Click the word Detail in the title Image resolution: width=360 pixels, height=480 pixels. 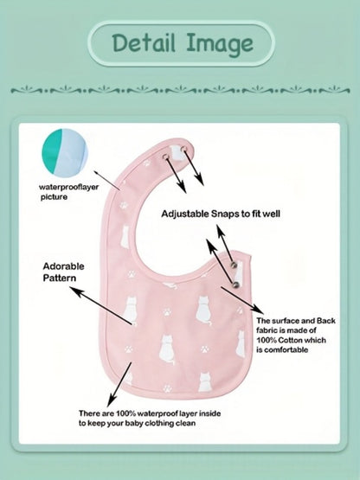tap(144, 42)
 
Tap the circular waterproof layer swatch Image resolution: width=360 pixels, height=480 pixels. tap(65, 152)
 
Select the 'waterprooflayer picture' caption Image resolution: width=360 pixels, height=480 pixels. tap(68, 192)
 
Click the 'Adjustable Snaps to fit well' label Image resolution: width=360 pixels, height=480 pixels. tap(221, 214)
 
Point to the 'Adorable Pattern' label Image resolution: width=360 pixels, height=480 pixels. tap(63, 272)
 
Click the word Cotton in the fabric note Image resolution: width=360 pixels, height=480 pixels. tap(295, 340)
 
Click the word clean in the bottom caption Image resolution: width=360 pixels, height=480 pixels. tap(185, 424)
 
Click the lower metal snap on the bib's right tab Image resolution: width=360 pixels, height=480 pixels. tap(235, 285)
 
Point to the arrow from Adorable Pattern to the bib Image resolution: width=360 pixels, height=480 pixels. tap(101, 305)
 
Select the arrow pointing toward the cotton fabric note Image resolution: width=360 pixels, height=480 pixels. tap(242, 300)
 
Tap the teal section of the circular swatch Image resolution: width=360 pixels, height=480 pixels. tap(52, 150)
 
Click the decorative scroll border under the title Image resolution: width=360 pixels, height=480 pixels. tap(180, 90)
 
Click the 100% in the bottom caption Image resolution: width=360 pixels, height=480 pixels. tap(126, 413)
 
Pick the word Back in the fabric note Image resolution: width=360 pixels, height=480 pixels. tap(326, 321)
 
